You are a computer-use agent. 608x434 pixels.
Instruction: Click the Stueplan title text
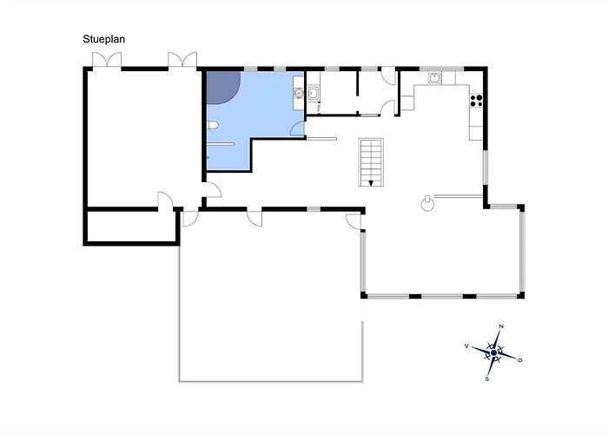(x=103, y=39)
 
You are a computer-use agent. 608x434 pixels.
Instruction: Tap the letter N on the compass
(x=501, y=326)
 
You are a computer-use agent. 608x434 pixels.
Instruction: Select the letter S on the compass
(x=487, y=379)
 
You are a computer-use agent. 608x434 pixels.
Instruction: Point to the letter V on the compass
(x=466, y=346)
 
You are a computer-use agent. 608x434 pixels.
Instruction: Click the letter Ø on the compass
(x=520, y=360)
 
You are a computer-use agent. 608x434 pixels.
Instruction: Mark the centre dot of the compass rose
(x=493, y=353)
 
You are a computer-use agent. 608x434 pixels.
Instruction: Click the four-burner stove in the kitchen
(x=476, y=101)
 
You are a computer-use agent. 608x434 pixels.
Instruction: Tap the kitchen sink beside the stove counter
(x=434, y=78)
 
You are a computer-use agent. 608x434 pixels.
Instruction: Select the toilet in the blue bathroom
(x=212, y=125)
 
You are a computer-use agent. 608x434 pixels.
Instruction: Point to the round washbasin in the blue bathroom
(x=298, y=93)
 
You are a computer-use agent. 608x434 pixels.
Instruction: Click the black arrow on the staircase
(x=371, y=183)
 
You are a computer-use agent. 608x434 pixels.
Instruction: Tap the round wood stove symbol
(x=427, y=204)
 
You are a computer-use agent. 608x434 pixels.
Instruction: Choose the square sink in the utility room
(x=313, y=93)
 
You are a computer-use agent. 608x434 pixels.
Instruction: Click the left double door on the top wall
(x=107, y=61)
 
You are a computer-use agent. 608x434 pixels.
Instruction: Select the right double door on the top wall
(x=182, y=61)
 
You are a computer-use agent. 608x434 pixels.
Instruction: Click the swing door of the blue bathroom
(x=298, y=128)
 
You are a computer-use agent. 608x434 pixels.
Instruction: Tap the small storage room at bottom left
(x=132, y=227)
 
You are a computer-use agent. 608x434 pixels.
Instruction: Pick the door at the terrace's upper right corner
(x=354, y=221)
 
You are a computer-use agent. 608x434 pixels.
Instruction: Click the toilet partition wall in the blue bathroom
(x=221, y=144)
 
